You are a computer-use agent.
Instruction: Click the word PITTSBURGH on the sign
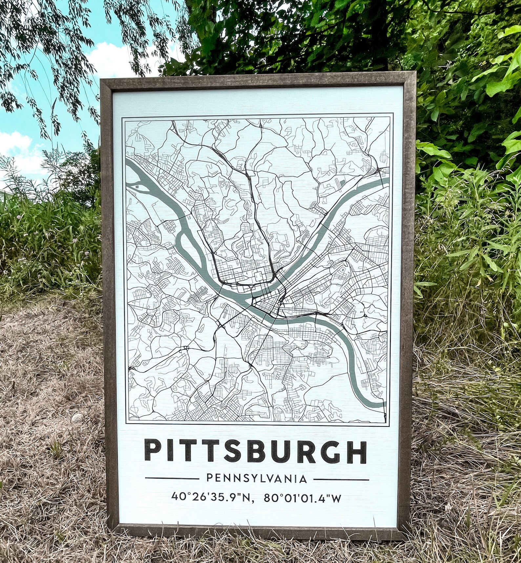coord(255,452)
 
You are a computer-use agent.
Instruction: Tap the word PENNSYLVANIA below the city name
coord(257,479)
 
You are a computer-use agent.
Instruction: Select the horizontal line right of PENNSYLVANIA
coord(342,479)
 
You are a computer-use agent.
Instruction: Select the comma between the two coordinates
coord(253,501)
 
